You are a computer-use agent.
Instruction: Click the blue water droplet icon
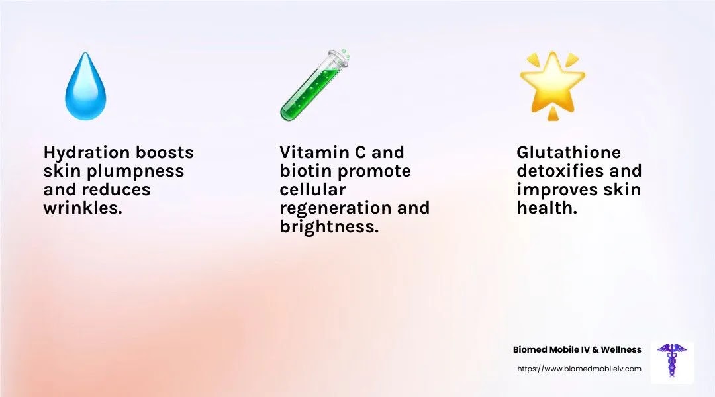[x=85, y=87]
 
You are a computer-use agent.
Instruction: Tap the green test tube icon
[x=314, y=85]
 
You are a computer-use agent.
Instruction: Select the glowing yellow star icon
[x=553, y=86]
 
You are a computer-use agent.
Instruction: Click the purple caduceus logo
[x=672, y=360]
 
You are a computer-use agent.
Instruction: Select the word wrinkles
[x=83, y=208]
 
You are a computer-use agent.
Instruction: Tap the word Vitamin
[x=314, y=152]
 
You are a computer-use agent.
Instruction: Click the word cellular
[x=312, y=190]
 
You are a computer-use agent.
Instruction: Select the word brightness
[x=329, y=227]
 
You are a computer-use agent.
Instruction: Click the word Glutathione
[x=569, y=152]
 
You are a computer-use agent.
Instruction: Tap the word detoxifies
[x=559, y=171]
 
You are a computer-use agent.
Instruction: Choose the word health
[x=548, y=208]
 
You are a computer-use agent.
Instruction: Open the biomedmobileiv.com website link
[x=579, y=369]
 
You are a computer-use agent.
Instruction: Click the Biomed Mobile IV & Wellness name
[x=577, y=349]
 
